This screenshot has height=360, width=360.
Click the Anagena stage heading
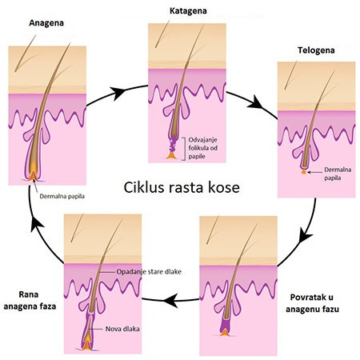click(x=46, y=23)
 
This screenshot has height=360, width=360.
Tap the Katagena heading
click(x=188, y=11)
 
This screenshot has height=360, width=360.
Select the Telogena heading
click(x=316, y=50)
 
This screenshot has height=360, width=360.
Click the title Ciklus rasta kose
click(x=182, y=187)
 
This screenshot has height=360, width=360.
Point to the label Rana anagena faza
click(x=30, y=300)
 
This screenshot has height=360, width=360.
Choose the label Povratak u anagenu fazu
click(x=312, y=303)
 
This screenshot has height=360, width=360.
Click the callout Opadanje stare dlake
click(x=149, y=272)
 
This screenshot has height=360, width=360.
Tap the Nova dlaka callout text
click(x=122, y=329)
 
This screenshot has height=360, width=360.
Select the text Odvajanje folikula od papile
click(x=203, y=148)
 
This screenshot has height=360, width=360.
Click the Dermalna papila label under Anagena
click(x=62, y=196)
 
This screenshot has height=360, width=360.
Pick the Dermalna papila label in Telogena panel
click(x=338, y=174)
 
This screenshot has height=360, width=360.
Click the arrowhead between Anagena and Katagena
click(x=118, y=93)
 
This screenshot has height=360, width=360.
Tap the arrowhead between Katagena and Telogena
click(x=256, y=103)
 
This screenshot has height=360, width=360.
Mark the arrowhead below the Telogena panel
click(x=305, y=235)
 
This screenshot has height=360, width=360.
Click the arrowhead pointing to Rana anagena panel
click(x=170, y=300)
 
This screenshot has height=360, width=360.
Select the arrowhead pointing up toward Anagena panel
click(x=37, y=225)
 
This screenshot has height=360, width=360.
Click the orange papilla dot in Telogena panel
click(x=304, y=172)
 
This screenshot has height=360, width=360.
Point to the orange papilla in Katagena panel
click(x=171, y=155)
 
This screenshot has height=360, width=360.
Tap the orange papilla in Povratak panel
click(x=225, y=332)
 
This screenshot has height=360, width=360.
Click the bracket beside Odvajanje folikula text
click(x=185, y=149)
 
